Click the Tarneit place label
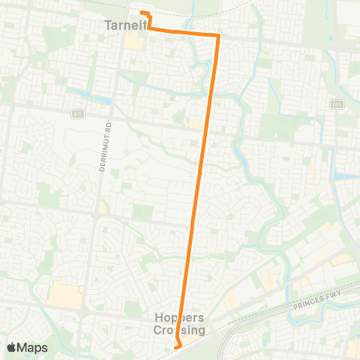coord(122,25)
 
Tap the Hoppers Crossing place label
coord(179,323)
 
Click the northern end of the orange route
coord(142,12)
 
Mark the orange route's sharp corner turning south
coord(217,35)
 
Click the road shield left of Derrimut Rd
coord(78,114)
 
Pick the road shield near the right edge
coord(337,104)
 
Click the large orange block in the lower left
coord(64,293)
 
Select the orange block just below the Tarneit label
coord(133,40)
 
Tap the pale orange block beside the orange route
coord(194,121)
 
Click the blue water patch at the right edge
coord(346,177)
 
